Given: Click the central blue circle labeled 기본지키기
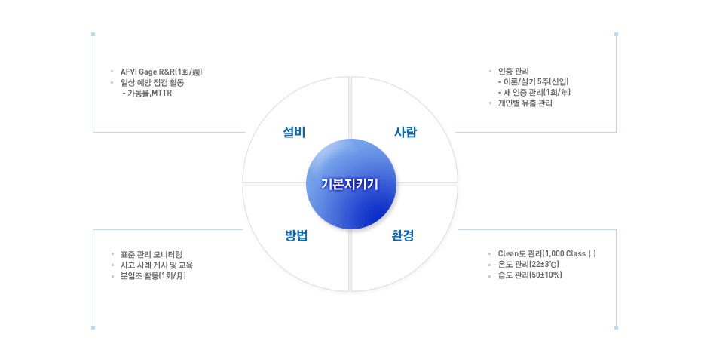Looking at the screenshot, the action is click(x=351, y=184).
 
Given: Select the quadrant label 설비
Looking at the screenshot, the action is click(x=294, y=132).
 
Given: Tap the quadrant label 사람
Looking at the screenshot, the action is click(x=406, y=132).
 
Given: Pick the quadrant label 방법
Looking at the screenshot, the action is click(x=296, y=235).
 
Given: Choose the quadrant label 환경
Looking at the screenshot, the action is click(x=403, y=235).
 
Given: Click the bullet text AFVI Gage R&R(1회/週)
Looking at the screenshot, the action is click(x=161, y=72).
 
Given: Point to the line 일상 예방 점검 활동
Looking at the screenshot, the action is click(x=152, y=83).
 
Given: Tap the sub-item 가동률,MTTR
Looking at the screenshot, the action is click(x=147, y=94).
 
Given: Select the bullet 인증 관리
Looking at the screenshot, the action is click(x=513, y=71).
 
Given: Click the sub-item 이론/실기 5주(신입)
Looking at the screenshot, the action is click(x=534, y=82).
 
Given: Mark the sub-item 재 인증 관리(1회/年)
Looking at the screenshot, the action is click(x=534, y=93).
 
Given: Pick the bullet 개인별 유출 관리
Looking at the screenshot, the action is click(x=525, y=103).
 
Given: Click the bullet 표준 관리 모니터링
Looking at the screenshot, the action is click(x=152, y=255).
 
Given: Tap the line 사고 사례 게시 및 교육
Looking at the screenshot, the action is click(x=157, y=265).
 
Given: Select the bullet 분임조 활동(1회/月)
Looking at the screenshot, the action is click(x=153, y=276).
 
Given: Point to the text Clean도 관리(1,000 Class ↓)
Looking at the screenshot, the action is click(x=547, y=253).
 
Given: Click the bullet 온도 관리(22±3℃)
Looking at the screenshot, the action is click(x=529, y=265).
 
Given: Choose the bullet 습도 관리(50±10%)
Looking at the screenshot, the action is click(x=530, y=275).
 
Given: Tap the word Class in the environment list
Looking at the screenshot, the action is click(x=576, y=253).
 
